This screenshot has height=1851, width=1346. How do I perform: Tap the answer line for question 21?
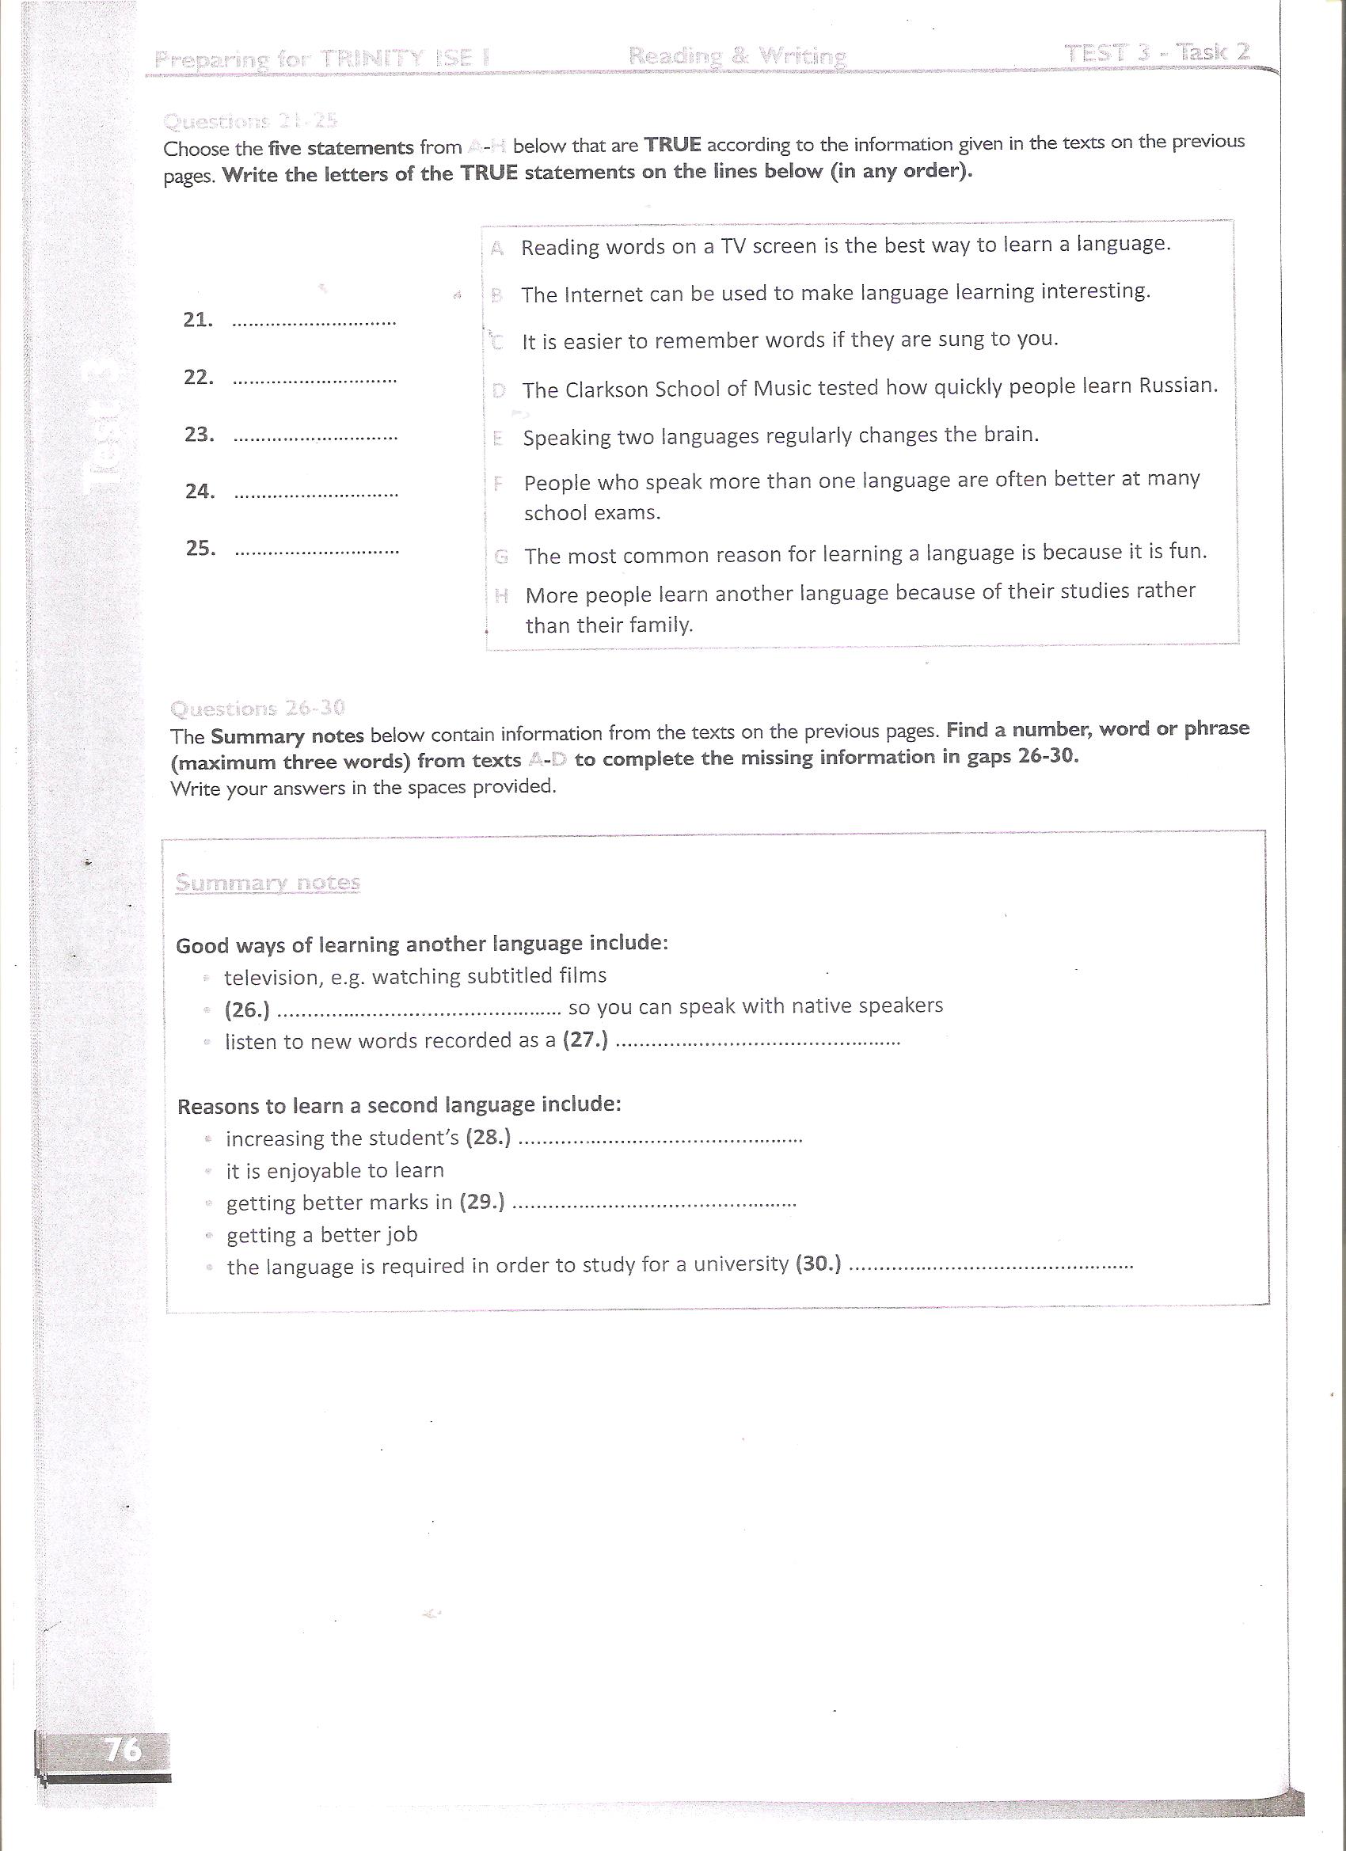(314, 322)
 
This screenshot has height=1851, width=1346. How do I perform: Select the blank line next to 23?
(315, 438)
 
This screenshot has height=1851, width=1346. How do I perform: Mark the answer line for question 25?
(317, 551)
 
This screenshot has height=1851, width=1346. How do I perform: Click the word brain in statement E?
(1009, 433)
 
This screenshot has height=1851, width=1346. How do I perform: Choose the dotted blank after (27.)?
(757, 1042)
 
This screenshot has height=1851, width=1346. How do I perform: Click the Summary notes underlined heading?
(268, 883)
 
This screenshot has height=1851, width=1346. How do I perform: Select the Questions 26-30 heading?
(257, 708)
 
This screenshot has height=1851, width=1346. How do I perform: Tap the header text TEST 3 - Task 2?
(1157, 53)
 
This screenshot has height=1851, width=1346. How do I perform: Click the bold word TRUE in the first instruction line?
(672, 145)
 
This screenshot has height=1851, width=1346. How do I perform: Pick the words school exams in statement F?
(591, 513)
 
